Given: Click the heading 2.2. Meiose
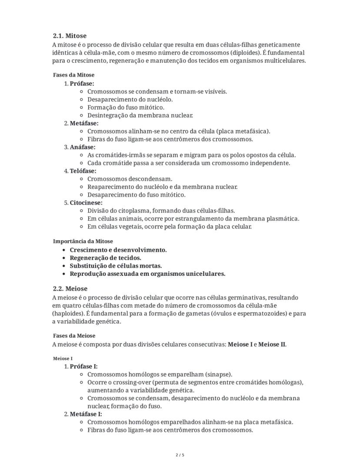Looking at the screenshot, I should pyautogui.click(x=70, y=289).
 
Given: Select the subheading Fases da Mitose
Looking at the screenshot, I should pyautogui.click(x=73, y=75).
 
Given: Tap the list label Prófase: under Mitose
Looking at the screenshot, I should pyautogui.click(x=82, y=84).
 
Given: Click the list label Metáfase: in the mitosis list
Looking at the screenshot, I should pyautogui.click(x=84, y=123).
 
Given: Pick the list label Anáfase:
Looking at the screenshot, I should pyautogui.click(x=83, y=147).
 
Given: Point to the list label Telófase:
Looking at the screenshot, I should pyautogui.click(x=83, y=171).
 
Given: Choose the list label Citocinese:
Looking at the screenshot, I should pyautogui.click(x=86, y=203).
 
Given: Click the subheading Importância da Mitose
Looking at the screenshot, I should pyautogui.click(x=83, y=241).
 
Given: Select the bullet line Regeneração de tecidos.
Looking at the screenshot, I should pyautogui.click(x=105, y=258).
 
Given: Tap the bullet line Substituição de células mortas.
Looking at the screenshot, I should pyautogui.click(x=116, y=266).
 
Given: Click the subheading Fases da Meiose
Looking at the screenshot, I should pyautogui.click(x=74, y=336).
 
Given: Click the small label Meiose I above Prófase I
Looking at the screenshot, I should pyautogui.click(x=63, y=359).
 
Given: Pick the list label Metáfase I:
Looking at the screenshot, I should pyautogui.click(x=86, y=414).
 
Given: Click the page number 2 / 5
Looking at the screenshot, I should pyautogui.click(x=180, y=455).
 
